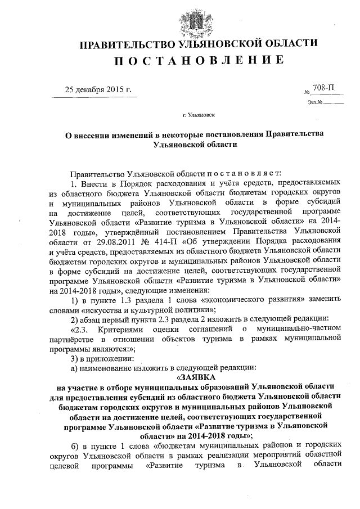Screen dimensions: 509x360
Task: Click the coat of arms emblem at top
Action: click(181, 17)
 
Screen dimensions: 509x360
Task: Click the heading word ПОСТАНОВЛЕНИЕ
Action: click(180, 60)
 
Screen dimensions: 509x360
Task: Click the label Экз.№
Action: click(315, 102)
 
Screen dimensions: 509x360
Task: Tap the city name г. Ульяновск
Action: click(199, 115)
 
